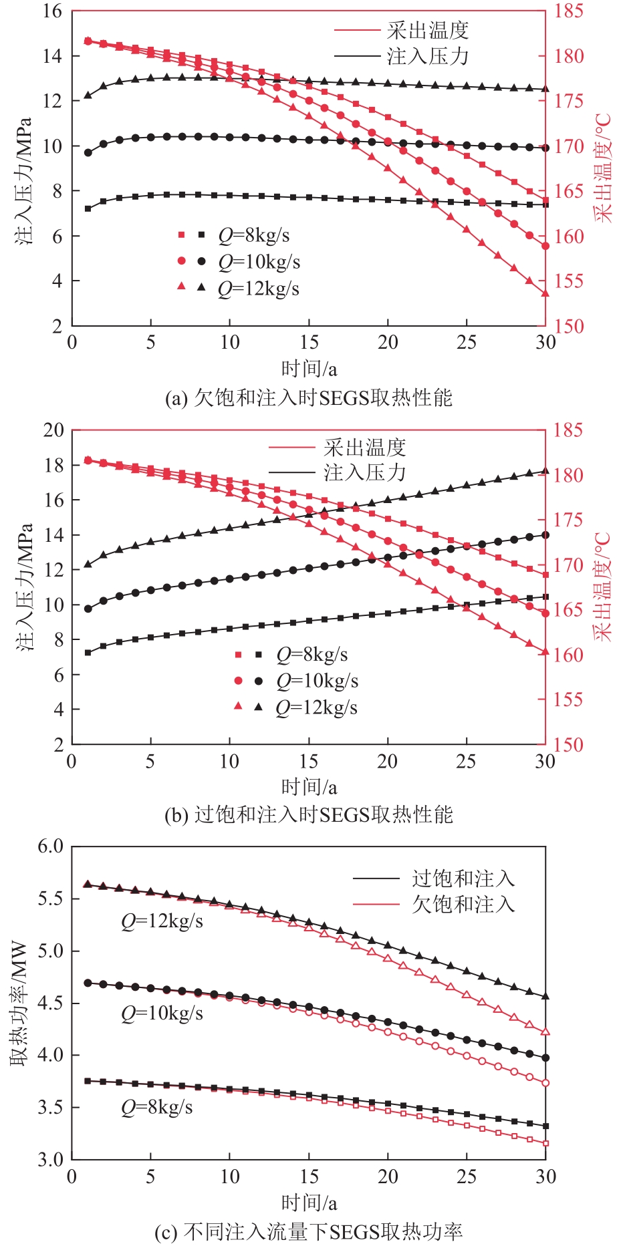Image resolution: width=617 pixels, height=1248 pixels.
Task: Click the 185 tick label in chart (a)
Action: pos(568,11)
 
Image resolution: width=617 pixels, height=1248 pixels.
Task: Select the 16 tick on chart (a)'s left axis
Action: pos(53,11)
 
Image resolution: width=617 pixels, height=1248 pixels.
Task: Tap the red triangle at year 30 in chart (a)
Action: pos(545,293)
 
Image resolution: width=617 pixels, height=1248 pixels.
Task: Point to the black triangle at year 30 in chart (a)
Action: pos(545,89)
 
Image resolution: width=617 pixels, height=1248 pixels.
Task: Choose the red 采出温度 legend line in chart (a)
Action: pos(357,31)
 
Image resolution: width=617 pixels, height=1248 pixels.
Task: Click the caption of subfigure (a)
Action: pos(308,398)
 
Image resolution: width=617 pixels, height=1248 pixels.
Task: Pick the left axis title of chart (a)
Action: pos(24,180)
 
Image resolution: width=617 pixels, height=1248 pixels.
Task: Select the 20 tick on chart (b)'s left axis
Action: pos(53,430)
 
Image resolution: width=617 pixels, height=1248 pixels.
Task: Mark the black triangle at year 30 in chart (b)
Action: pos(545,471)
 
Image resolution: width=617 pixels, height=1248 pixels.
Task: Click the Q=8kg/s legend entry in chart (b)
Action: pos(312,655)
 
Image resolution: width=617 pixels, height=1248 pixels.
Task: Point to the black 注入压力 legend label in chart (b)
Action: pos(365,472)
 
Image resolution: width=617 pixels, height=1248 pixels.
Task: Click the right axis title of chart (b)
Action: pos(603,587)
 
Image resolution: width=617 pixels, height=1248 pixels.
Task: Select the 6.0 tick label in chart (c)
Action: pos(51,846)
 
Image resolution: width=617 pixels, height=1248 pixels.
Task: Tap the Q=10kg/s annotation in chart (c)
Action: pos(162,1013)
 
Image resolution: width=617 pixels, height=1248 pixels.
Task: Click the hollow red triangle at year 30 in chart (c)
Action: pos(545,1032)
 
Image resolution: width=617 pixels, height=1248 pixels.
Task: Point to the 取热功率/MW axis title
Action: pos(19,1003)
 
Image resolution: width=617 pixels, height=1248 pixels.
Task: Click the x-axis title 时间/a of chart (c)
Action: pos(309,1203)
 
